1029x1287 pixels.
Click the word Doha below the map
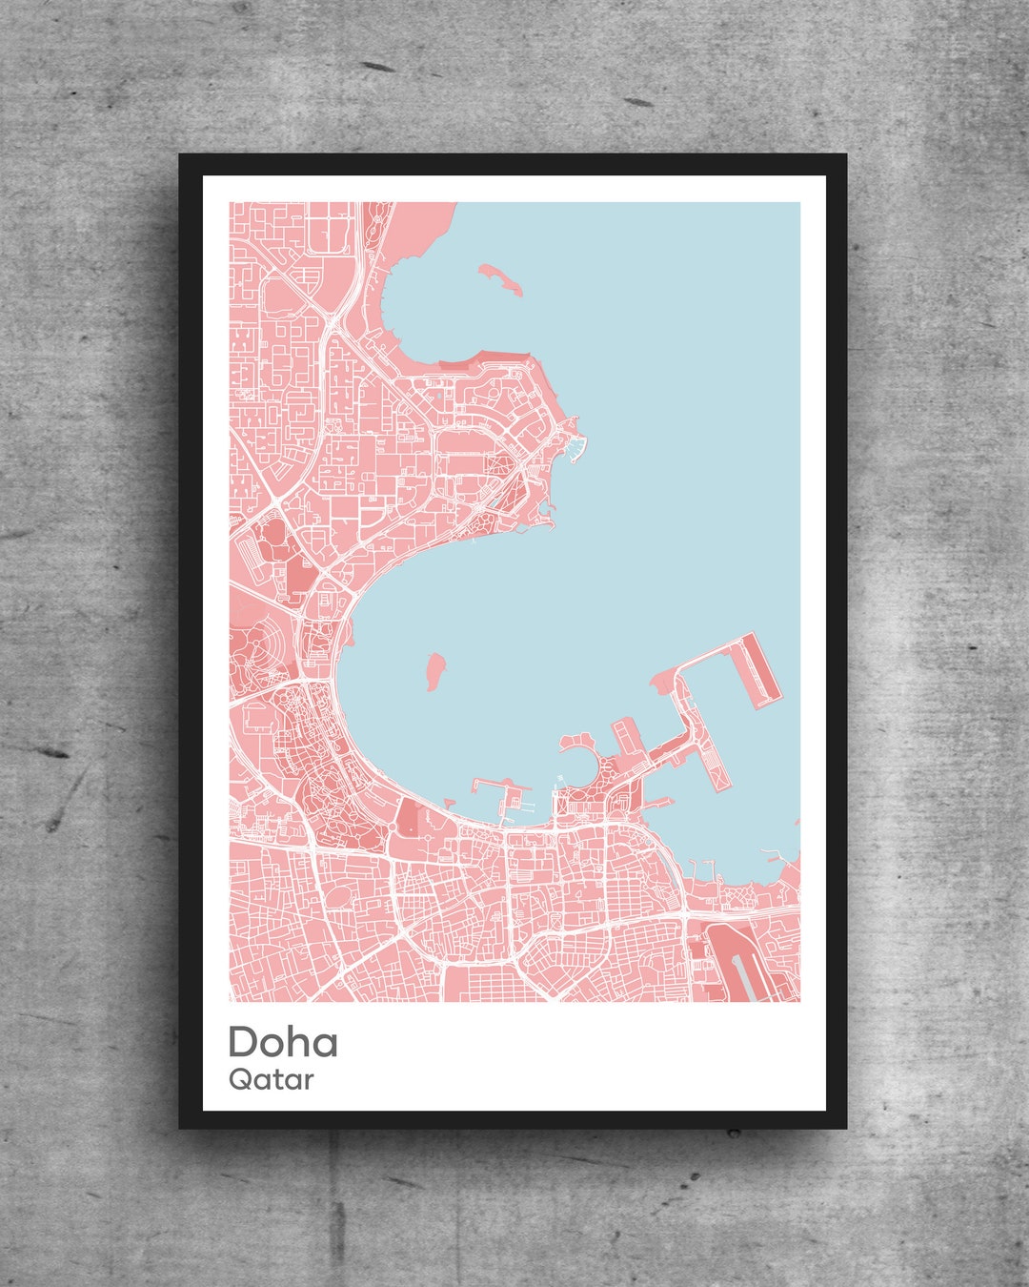point(283,1042)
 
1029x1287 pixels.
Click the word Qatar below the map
point(271,1080)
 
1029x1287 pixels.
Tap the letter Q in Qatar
point(240,1080)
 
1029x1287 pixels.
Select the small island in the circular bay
point(435,670)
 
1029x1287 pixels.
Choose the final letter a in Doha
point(324,1044)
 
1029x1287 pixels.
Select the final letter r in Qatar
point(309,1082)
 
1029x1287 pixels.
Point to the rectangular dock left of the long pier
point(626,738)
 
